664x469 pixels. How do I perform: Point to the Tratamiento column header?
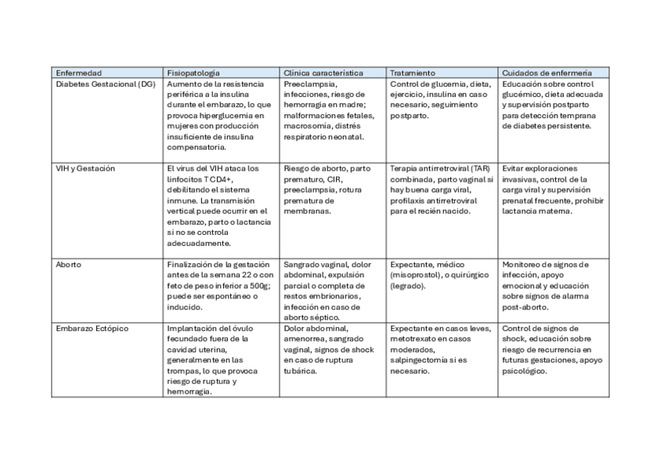(x=413, y=72)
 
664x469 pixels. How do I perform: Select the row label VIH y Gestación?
(x=85, y=168)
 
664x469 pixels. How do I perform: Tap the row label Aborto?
(x=68, y=265)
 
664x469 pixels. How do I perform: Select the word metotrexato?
(x=415, y=339)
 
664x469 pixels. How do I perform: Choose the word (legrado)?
(x=408, y=286)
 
